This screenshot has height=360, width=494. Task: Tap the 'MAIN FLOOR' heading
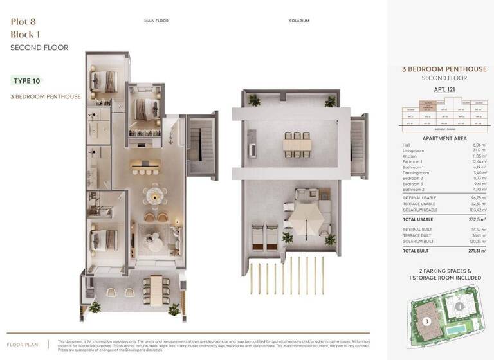[156, 21]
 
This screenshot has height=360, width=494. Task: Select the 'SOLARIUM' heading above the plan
[299, 21]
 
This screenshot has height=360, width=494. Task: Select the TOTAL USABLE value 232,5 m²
[477, 219]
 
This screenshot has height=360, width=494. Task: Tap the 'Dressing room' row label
[416, 173]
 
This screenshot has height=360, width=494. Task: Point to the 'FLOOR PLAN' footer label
[23, 345]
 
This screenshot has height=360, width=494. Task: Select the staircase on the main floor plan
[201, 145]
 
